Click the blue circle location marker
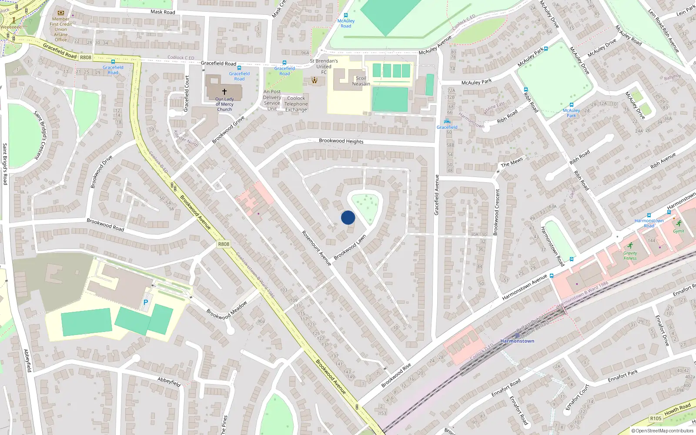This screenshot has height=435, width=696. tap(348, 217)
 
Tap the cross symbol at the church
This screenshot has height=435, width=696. tap(224, 92)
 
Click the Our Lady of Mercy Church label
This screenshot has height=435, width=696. tap(224, 104)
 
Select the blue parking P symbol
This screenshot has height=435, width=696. tap(146, 302)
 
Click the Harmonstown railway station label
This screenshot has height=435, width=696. tap(517, 341)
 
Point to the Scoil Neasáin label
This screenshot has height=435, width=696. tap(361, 81)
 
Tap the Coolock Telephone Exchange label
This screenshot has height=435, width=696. tap(296, 104)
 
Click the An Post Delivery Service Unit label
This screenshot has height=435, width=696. tap(272, 100)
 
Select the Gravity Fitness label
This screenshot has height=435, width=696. tap(630, 256)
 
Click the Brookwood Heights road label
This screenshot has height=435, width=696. tap(341, 141)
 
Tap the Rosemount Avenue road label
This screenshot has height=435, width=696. tap(316, 248)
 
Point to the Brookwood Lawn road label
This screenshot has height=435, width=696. tap(350, 248)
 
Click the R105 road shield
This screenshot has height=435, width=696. tap(656, 418)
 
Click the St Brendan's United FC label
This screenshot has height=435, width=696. tap(324, 67)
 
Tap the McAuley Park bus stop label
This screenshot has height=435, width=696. tap(571, 113)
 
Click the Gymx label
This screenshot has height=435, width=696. tap(678, 231)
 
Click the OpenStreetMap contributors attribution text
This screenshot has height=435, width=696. tap(663, 431)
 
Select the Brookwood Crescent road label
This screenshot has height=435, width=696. tap(497, 212)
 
